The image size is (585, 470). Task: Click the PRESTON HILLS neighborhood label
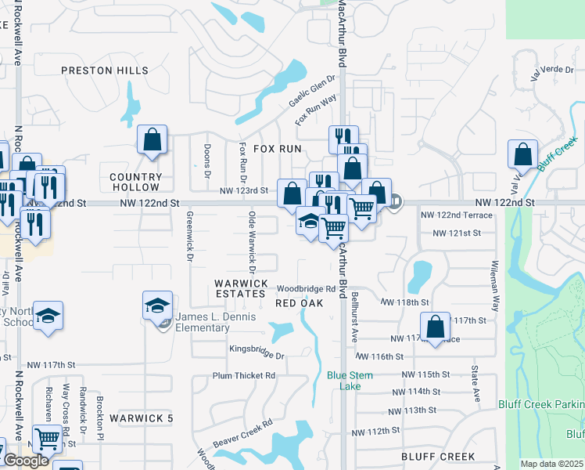[105, 70]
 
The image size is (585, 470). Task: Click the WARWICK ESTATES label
[242, 288]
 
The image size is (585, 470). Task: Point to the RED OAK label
[300, 303]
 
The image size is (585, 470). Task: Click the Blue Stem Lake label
[350, 381]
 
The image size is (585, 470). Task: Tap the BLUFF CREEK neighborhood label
[437, 456]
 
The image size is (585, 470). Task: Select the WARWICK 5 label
[141, 418]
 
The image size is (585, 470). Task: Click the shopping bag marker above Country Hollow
[153, 141]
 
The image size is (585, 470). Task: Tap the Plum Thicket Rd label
[244, 375]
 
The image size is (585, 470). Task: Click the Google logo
[26, 461]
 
